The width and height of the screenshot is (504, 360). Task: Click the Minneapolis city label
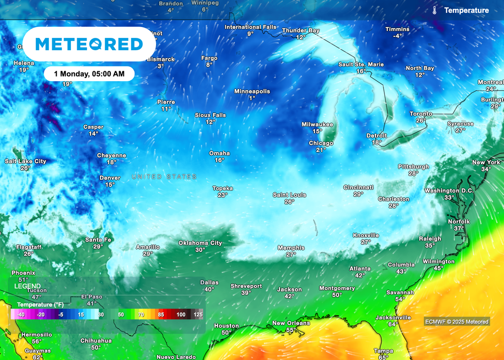click(x=252, y=91)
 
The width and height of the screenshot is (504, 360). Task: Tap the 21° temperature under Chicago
click(x=321, y=150)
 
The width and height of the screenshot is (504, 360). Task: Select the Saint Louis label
click(x=289, y=195)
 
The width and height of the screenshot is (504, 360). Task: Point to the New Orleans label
click(x=291, y=323)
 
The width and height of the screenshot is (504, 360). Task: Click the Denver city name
click(x=109, y=178)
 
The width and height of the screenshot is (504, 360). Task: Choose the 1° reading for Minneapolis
click(x=252, y=98)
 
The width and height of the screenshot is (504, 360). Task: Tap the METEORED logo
click(x=89, y=44)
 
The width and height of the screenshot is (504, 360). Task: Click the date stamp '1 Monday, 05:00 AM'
click(x=89, y=74)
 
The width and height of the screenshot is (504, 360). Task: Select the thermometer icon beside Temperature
click(x=435, y=10)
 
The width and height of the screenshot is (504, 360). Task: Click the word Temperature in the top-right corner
click(x=467, y=10)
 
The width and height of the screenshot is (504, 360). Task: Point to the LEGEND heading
click(x=28, y=286)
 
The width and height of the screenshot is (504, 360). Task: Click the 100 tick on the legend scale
click(x=181, y=314)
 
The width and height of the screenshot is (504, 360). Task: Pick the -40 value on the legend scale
click(x=20, y=314)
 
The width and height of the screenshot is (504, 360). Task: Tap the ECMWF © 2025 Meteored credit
click(x=457, y=322)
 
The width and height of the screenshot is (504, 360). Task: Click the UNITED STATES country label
click(x=164, y=177)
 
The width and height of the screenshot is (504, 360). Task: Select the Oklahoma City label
click(x=200, y=243)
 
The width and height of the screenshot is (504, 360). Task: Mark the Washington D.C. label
click(x=449, y=191)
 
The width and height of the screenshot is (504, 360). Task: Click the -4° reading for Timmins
click(x=398, y=36)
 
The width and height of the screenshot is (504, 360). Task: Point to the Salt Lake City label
click(x=26, y=161)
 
